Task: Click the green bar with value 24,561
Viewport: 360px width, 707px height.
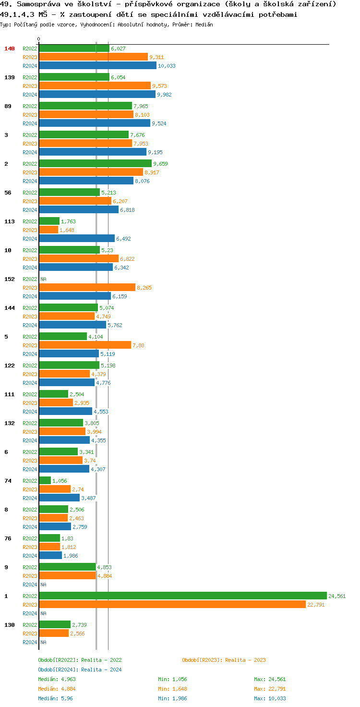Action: [182, 596]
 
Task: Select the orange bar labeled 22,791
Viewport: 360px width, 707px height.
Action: [172, 604]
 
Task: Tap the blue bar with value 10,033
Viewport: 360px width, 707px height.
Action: [97, 65]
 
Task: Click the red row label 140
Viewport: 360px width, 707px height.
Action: [10, 49]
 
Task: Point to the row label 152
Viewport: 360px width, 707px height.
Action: [10, 279]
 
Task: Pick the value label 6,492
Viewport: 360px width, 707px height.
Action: [123, 239]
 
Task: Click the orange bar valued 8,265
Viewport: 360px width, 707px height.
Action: [87, 287]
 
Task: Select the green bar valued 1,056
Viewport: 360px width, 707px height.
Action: [45, 480]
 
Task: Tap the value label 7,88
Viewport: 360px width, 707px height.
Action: [138, 345]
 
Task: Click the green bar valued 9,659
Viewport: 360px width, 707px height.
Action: [95, 163]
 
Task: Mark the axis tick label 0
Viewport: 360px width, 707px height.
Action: [39, 39]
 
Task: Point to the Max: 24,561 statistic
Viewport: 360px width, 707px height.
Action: [270, 679]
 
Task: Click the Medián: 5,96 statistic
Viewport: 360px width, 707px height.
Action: [55, 698]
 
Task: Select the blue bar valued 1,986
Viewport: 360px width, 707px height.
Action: [50, 555]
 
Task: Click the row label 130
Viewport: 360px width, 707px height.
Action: [10, 625]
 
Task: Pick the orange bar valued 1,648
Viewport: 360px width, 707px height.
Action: [48, 230]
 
